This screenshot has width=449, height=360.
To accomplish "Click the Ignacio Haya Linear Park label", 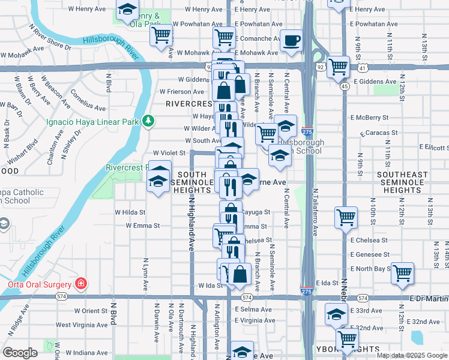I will (92, 121).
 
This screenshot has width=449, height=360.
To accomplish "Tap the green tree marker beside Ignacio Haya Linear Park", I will (148, 121).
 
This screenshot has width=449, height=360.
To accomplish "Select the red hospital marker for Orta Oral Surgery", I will (80, 283).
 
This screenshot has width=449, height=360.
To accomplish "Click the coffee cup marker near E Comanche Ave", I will (292, 41).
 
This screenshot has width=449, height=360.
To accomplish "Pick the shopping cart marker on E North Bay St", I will (402, 273).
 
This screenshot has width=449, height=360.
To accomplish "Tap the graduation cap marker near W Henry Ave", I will (127, 10).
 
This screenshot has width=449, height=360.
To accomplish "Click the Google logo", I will (20, 353).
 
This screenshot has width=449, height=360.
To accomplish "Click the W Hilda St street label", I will (130, 212).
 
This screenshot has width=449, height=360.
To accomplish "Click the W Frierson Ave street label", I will (182, 92).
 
